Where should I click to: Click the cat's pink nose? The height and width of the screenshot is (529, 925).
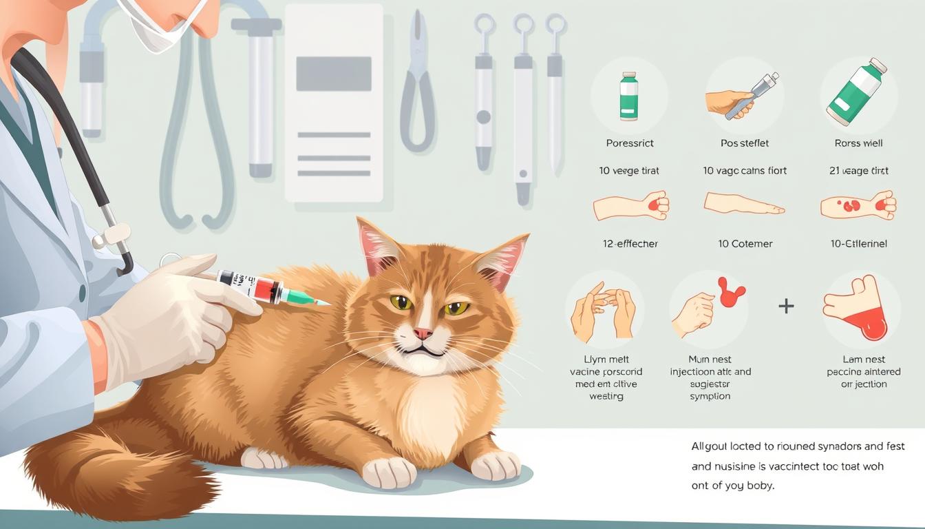(423, 333)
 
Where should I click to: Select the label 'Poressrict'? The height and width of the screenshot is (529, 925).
(630, 143)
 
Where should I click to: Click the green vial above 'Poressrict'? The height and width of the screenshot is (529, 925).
(628, 96)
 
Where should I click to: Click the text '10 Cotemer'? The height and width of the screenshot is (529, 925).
(745, 244)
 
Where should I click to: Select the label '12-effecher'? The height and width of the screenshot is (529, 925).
(630, 244)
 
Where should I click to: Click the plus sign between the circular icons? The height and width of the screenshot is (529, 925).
(786, 306)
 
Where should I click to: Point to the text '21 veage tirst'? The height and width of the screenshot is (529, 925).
(859, 171)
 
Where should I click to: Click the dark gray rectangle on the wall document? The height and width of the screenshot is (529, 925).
(334, 74)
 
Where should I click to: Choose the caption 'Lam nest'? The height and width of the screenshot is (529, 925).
(863, 360)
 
